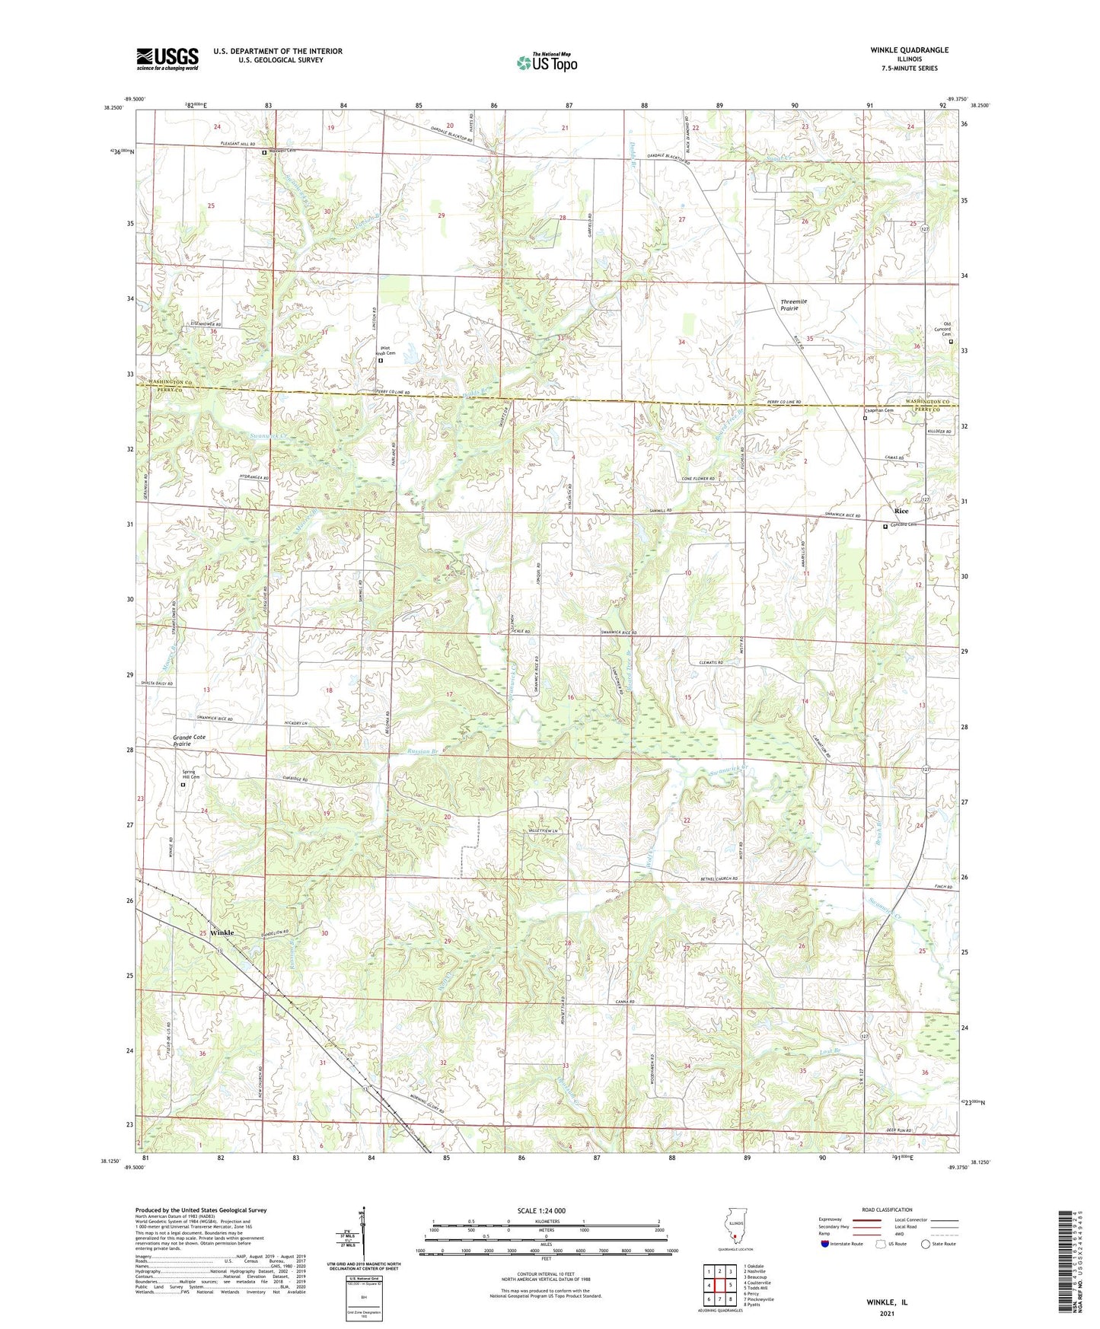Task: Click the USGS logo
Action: pos(167,59)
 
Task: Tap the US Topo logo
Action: pos(547,62)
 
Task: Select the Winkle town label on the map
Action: pos(222,932)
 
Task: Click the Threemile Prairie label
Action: pos(793,305)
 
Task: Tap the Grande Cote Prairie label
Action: pos(189,741)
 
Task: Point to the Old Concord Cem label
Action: pos(947,329)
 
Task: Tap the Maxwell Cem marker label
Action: pos(282,151)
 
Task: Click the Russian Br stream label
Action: pos(425,751)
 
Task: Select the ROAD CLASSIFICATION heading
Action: pos(886,1209)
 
